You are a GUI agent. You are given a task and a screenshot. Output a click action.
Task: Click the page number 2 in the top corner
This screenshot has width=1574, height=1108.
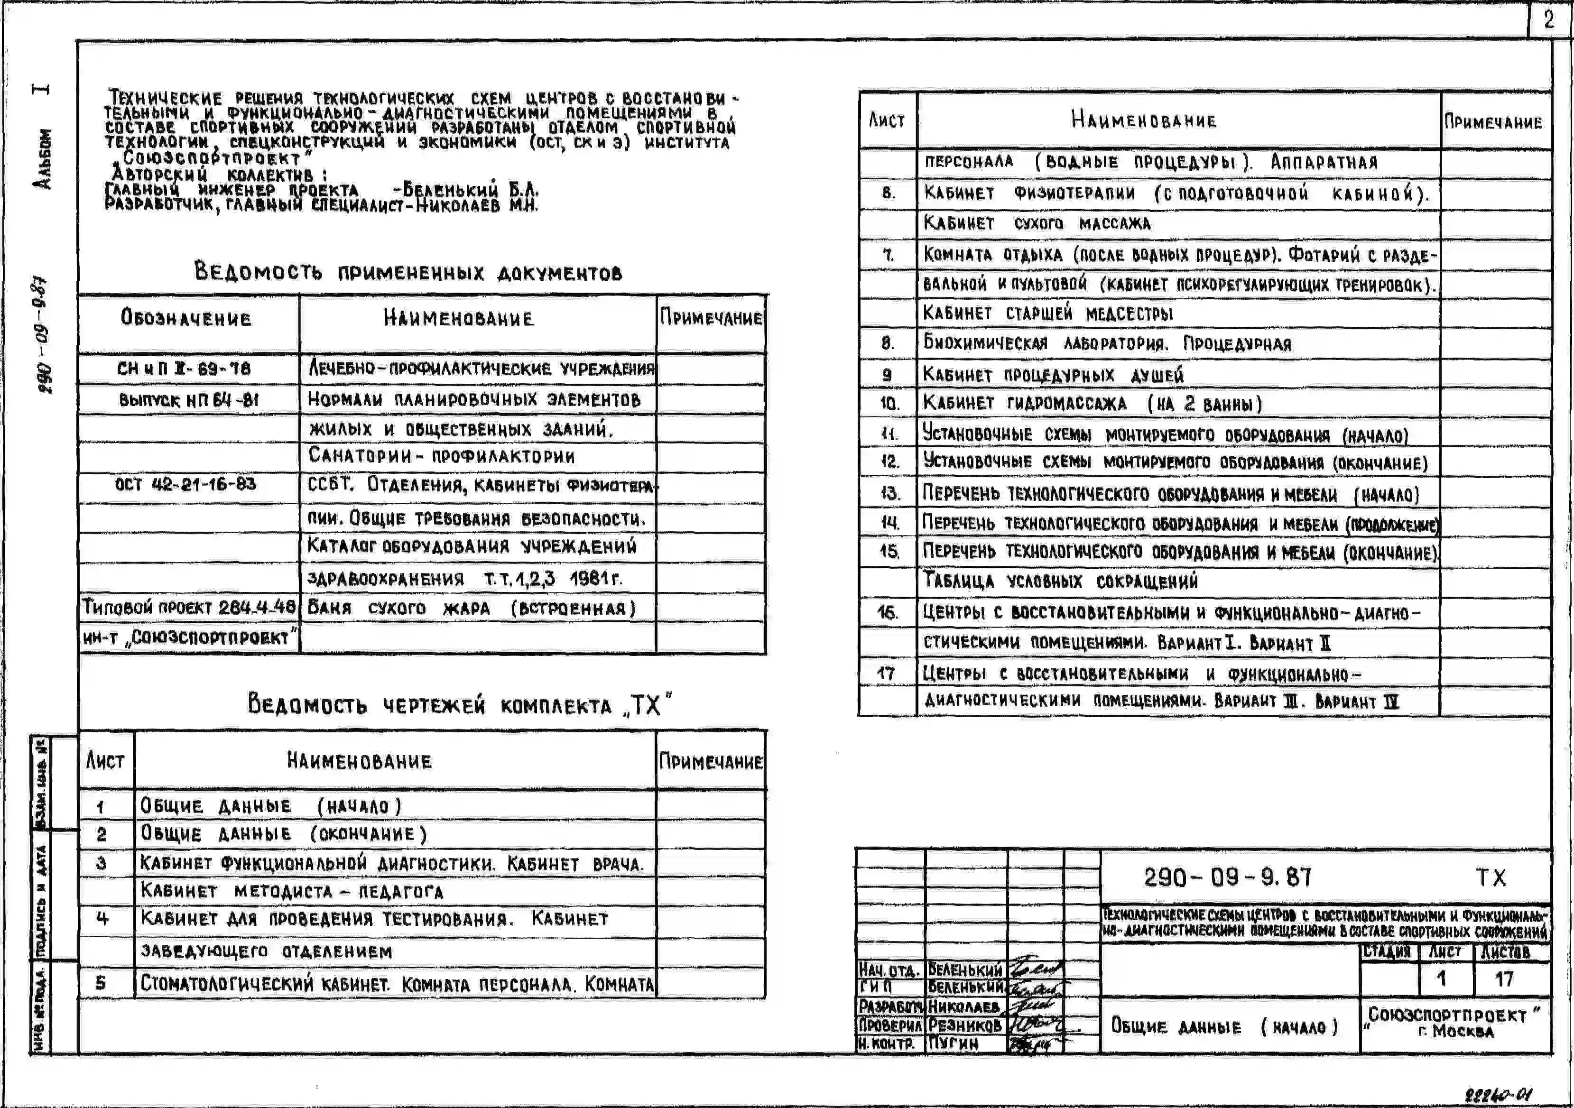[x=1549, y=20]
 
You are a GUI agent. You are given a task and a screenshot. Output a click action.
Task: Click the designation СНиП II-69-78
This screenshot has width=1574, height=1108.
[x=184, y=369]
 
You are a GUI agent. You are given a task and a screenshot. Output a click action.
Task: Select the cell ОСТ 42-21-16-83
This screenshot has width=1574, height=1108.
[x=185, y=484]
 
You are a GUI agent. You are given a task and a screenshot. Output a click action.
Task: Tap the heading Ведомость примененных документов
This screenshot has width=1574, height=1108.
[x=408, y=272]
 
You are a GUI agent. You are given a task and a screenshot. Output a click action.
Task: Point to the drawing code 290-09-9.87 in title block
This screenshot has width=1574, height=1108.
[x=1227, y=877]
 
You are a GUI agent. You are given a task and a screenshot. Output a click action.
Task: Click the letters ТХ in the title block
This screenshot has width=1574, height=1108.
[x=1491, y=878]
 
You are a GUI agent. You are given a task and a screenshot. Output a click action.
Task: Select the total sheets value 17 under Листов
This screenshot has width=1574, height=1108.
[x=1503, y=979]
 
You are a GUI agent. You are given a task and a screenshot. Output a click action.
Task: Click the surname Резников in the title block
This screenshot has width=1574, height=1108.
[x=964, y=1026]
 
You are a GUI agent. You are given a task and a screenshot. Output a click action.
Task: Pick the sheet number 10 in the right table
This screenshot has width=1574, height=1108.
[x=889, y=404]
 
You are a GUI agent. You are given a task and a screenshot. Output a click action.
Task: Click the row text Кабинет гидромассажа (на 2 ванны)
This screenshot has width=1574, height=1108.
[x=1092, y=404]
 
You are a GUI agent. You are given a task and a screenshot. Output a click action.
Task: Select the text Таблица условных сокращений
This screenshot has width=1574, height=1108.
[x=1061, y=582]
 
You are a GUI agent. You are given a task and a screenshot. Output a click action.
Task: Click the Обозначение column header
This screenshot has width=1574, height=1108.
[x=186, y=318]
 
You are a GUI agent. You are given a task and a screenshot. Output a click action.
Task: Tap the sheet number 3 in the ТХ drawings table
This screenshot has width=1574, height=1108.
[x=102, y=862]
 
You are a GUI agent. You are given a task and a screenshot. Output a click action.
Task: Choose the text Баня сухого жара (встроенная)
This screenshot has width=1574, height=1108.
[x=472, y=608]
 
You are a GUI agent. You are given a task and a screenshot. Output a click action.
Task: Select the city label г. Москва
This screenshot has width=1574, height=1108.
[x=1455, y=1031]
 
